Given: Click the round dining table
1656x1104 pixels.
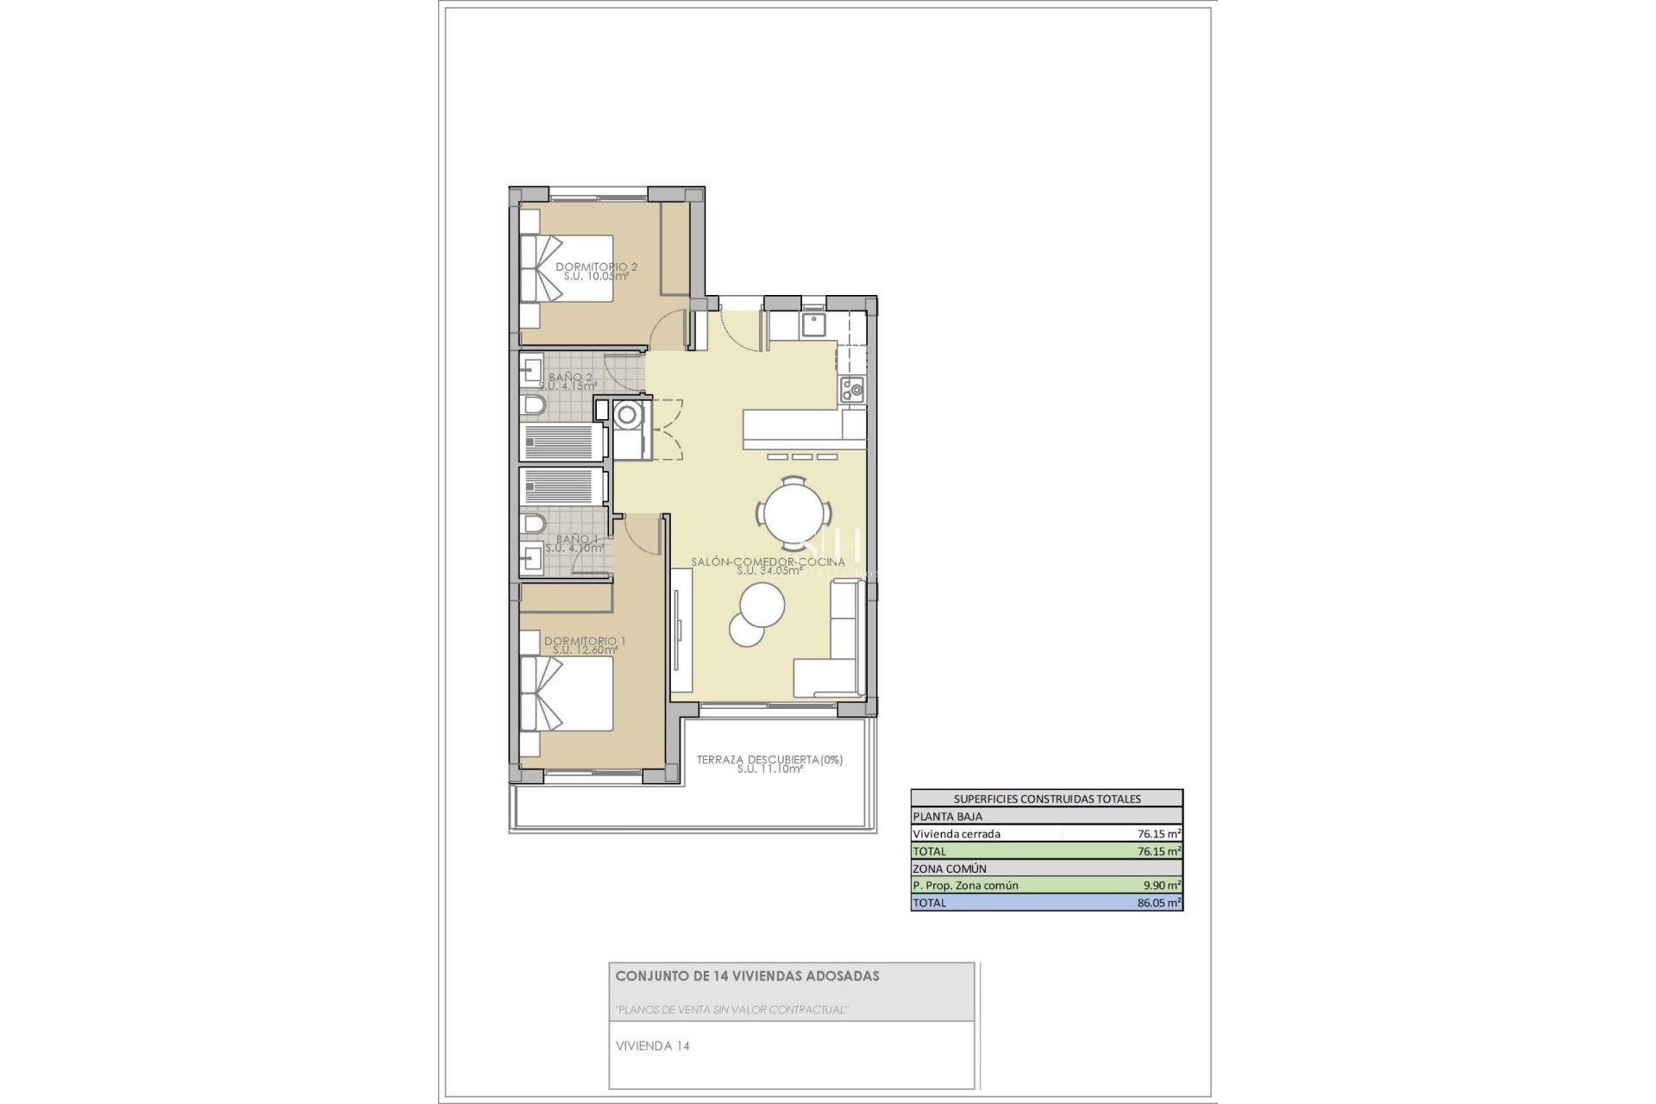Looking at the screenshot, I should click(x=793, y=513).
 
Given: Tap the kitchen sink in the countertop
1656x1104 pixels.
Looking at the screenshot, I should click(x=813, y=325).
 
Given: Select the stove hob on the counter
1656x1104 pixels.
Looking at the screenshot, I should click(x=852, y=390).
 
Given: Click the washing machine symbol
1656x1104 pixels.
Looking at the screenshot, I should click(x=627, y=416).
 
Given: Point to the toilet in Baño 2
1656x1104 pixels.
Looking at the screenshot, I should click(x=534, y=406).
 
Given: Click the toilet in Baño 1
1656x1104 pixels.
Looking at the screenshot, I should click(x=534, y=524).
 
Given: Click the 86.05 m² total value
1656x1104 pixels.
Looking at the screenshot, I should click(x=1158, y=903).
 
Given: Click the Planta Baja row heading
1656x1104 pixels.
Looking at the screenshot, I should click(x=947, y=816).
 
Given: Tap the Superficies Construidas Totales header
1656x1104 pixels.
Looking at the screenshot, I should click(x=1046, y=799).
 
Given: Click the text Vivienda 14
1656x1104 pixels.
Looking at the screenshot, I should click(x=652, y=1046).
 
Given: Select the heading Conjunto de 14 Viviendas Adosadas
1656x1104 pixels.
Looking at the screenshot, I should click(x=747, y=976).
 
